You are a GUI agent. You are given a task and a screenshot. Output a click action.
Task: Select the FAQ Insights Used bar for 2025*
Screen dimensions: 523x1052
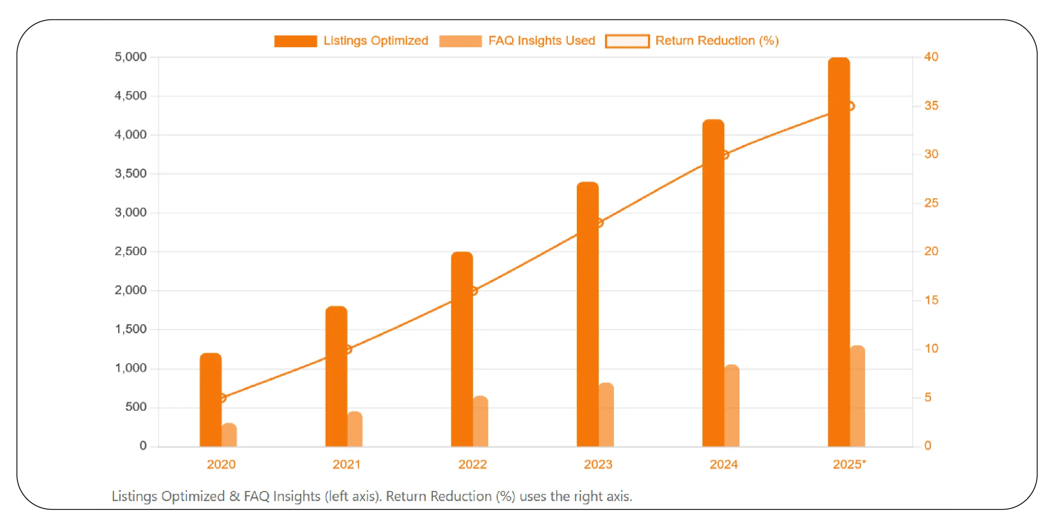857,396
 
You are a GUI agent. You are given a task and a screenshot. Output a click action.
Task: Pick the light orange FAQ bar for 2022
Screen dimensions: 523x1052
480,421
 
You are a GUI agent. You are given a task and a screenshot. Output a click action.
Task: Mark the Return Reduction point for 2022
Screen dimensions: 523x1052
474,291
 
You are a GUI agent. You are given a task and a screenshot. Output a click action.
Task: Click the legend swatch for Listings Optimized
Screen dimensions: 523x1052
295,41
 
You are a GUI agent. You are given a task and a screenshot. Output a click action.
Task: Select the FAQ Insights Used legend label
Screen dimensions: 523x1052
541,40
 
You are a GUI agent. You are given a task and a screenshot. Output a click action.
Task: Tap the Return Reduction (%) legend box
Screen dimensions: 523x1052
627,41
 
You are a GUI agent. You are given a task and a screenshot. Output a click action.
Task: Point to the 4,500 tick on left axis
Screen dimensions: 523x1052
131,96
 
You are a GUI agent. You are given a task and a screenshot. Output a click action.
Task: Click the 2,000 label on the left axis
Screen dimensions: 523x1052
131,290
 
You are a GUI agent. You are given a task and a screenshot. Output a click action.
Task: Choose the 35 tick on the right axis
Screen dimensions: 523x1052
931,105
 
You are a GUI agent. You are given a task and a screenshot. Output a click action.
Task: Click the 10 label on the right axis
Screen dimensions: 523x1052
931,348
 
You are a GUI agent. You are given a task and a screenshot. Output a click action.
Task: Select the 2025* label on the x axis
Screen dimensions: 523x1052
849,464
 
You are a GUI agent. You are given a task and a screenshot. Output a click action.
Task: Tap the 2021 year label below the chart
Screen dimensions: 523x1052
346,464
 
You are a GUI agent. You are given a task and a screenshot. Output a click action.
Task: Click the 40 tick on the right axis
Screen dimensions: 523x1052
931,57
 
